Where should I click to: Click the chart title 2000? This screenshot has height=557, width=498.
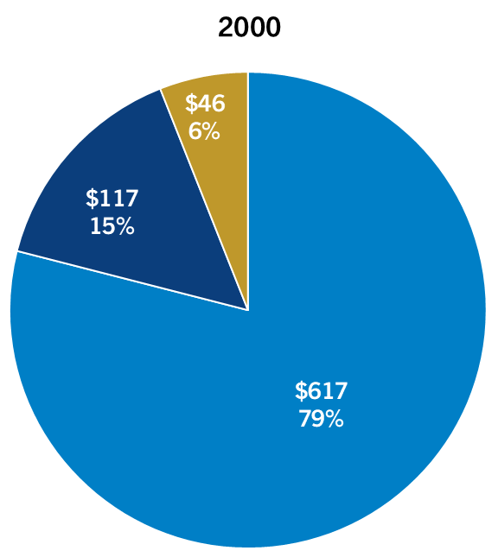pyautogui.click(x=249, y=28)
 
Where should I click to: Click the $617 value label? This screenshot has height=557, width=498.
pyautogui.click(x=321, y=391)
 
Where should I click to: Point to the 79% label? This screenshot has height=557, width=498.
pyautogui.click(x=321, y=420)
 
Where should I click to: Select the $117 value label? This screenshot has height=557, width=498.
pyautogui.click(x=112, y=199)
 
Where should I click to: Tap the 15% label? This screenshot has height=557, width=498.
pyautogui.click(x=112, y=227)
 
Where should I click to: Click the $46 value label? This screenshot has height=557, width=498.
pyautogui.click(x=205, y=104)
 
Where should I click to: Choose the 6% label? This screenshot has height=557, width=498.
pyautogui.click(x=205, y=132)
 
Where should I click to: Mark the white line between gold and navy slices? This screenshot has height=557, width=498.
pyautogui.click(x=204, y=199)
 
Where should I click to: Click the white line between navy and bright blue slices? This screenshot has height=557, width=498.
pyautogui.click(x=130, y=280)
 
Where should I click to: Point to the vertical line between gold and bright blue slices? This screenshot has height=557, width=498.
pyautogui.click(x=248, y=190)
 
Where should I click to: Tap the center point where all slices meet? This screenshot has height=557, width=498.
pyautogui.click(x=248, y=309)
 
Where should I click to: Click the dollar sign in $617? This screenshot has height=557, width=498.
pyautogui.click(x=301, y=391)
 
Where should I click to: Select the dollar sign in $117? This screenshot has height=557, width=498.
pyautogui.click(x=92, y=199)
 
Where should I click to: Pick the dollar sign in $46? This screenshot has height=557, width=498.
pyautogui.click(x=191, y=104)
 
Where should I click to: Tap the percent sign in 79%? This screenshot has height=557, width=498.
pyautogui.click(x=334, y=420)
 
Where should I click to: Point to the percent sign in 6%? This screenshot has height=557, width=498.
pyautogui.click(x=211, y=132)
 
